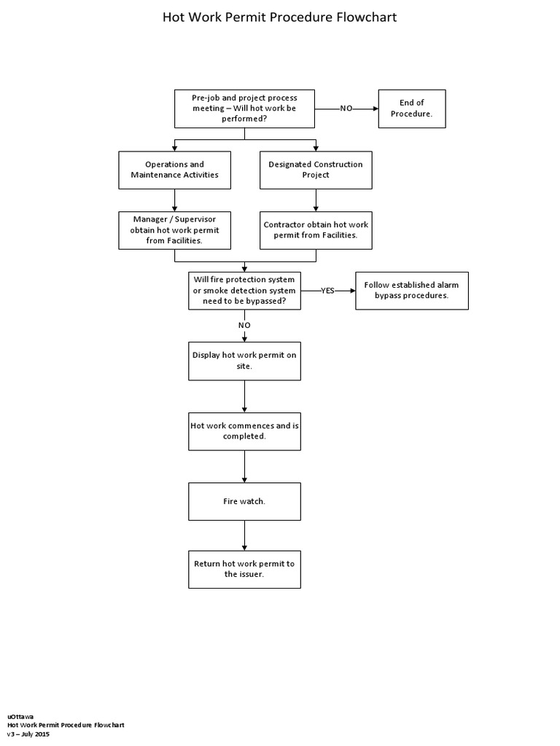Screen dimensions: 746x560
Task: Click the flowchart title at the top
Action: tap(279, 17)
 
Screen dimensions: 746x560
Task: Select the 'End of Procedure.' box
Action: tap(411, 109)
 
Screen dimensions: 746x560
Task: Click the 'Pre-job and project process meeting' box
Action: tap(244, 109)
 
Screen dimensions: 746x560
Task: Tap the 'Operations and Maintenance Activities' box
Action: tap(174, 170)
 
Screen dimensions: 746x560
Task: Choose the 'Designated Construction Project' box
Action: tap(315, 170)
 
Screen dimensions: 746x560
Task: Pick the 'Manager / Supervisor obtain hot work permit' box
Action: tap(174, 230)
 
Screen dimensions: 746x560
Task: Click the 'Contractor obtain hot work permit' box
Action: tap(315, 230)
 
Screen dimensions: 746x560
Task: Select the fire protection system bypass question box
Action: tap(244, 290)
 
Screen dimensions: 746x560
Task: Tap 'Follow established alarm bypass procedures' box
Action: tap(411, 290)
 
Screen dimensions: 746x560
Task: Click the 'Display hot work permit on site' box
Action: tap(244, 361)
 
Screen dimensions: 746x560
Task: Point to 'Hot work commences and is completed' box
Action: tap(244, 431)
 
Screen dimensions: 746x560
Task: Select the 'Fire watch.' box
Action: tap(244, 501)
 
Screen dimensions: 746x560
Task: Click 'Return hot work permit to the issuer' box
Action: tap(244, 569)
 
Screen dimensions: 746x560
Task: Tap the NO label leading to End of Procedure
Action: tap(346, 109)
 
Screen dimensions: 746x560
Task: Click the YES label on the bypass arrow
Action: tap(327, 290)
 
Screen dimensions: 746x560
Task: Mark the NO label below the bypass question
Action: tap(244, 325)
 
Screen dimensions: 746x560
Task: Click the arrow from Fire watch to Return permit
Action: tap(244, 535)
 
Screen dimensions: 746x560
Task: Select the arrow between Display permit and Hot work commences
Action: tap(244, 396)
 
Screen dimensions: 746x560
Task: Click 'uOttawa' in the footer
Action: tap(20, 716)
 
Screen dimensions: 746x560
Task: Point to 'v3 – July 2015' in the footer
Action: tap(28, 734)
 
